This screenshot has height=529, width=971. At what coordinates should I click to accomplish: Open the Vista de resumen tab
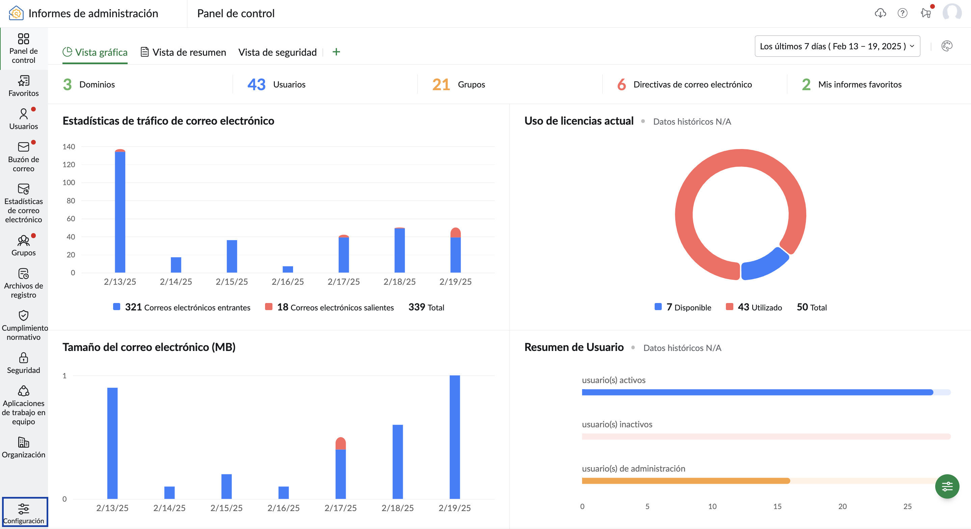(184, 52)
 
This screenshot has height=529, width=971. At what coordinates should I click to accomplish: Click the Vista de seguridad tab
(277, 52)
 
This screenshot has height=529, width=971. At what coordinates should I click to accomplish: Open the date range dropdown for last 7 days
(837, 46)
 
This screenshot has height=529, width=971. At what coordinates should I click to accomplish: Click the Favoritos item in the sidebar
(23, 86)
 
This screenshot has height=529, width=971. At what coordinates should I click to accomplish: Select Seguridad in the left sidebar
(23, 363)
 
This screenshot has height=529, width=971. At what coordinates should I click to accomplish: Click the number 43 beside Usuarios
(256, 84)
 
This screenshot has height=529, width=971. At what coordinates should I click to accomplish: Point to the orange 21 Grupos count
(441, 84)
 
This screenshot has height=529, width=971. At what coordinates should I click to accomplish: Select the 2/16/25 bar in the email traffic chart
(288, 269)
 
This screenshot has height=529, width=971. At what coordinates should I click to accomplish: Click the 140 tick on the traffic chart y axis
(69, 147)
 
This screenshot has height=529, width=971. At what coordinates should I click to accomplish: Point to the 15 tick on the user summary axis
(777, 506)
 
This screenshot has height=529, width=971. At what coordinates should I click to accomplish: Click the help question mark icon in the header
(902, 13)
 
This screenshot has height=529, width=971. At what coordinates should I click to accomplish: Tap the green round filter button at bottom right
(947, 486)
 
